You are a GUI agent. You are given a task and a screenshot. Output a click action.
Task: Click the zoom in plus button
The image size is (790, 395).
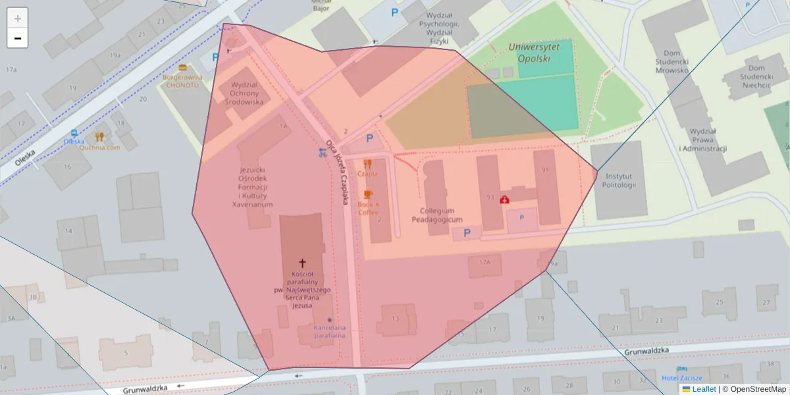(x=18, y=18)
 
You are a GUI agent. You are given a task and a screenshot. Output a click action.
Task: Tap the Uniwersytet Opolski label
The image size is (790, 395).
(x=534, y=52)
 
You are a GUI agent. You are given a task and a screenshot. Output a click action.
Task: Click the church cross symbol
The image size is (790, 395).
(x=303, y=262)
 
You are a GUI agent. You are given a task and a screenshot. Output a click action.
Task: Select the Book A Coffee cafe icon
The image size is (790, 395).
(x=368, y=194)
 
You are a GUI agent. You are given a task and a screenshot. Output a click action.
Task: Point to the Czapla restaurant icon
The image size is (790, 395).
(x=367, y=164)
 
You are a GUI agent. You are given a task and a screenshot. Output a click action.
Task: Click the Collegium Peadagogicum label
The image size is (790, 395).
(x=437, y=215)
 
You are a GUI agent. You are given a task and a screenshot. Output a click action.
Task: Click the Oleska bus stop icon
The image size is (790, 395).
(x=74, y=132)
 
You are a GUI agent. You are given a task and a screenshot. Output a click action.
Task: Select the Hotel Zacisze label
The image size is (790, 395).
(x=682, y=378)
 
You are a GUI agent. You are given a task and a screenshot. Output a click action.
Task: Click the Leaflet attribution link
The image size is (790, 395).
(x=704, y=389)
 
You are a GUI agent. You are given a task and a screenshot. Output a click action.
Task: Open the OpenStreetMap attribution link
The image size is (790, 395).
(x=754, y=389)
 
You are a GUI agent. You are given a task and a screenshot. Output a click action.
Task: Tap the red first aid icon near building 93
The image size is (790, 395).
(x=505, y=199)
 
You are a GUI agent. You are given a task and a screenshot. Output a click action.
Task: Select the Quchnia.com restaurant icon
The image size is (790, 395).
(x=99, y=137)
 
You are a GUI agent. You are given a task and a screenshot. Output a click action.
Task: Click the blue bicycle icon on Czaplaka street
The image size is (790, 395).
(x=322, y=153)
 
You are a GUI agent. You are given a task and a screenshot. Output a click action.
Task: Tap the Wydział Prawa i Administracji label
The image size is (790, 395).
(x=702, y=140)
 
